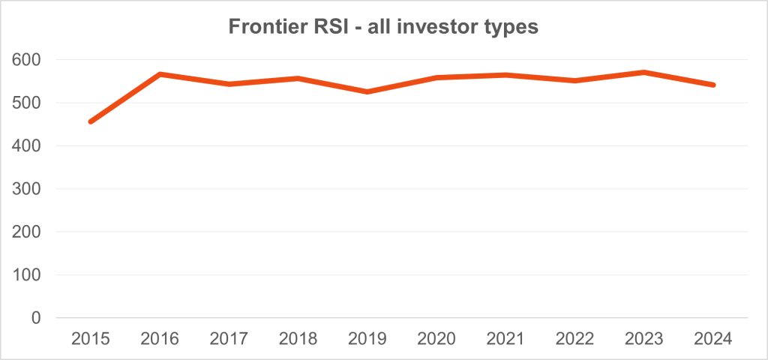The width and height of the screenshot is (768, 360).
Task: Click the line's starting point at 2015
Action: [91, 121]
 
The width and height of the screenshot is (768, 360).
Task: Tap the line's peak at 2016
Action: [160, 74]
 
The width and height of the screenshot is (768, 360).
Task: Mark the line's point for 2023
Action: [644, 72]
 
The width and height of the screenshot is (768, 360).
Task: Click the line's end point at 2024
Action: [713, 85]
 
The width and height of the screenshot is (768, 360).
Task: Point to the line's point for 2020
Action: [436, 77]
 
